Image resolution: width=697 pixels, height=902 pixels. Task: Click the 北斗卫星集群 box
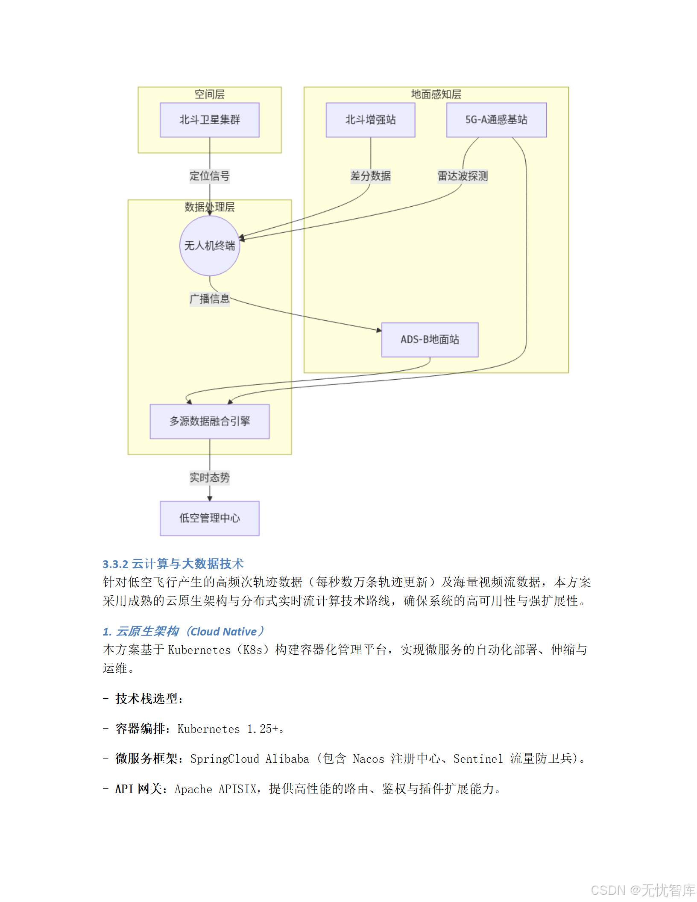tap(209, 120)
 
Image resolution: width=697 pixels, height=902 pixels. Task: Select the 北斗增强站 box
tap(370, 120)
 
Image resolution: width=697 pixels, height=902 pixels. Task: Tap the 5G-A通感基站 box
tap(496, 120)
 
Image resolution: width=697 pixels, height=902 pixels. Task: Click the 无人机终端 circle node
tap(209, 246)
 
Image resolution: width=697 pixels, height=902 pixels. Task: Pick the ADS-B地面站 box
tap(430, 340)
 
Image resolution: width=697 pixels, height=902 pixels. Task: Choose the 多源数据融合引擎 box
tap(209, 421)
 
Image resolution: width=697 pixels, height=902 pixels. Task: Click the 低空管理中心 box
tap(209, 518)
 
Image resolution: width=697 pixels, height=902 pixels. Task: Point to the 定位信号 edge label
tap(209, 176)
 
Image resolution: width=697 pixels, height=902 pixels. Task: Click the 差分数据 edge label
tap(370, 176)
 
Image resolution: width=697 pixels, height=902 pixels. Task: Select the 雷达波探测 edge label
tap(463, 176)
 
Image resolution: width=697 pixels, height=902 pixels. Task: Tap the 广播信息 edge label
tap(209, 299)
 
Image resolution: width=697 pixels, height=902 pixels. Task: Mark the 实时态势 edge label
tap(209, 477)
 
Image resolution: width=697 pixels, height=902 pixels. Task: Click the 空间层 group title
tap(209, 94)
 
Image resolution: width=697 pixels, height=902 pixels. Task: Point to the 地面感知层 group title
tap(436, 94)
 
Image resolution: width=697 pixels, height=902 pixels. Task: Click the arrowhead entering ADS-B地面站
tap(379, 330)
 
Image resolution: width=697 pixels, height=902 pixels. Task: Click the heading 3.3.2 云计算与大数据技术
tap(173, 564)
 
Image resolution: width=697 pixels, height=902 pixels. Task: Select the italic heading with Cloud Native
tap(184, 631)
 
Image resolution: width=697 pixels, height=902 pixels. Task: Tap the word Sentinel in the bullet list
tap(478, 759)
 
